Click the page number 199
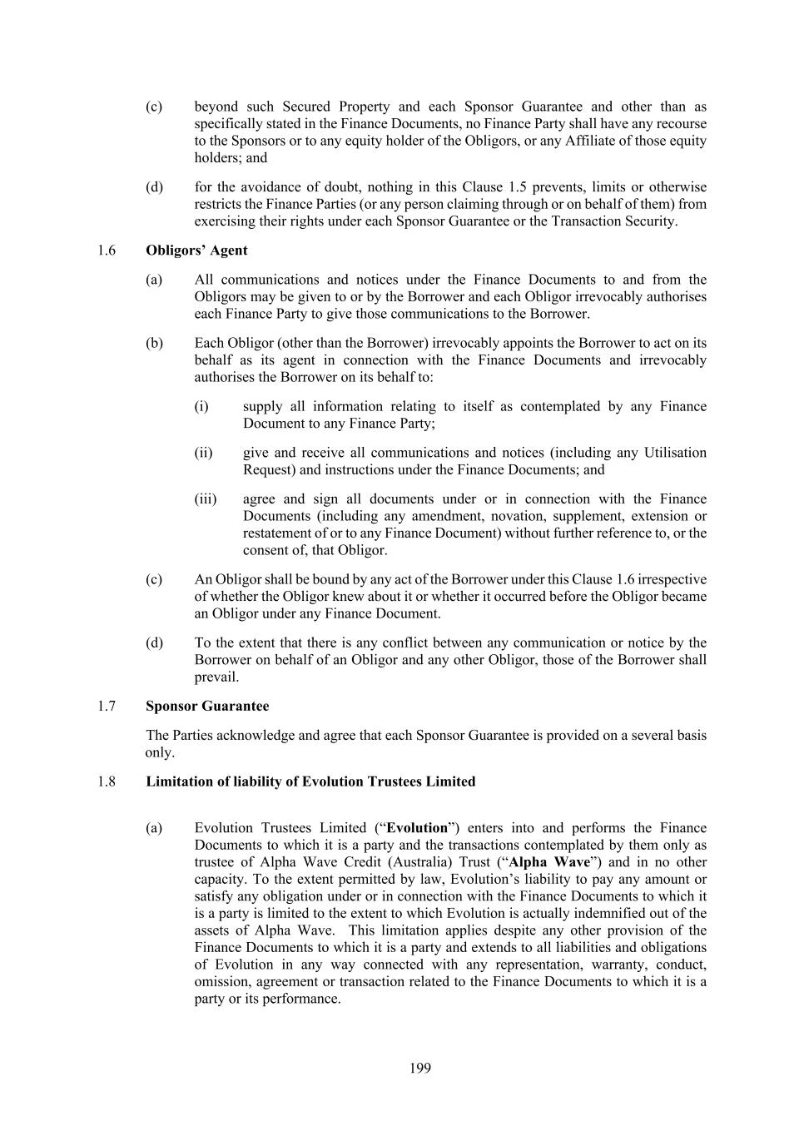[420, 1069]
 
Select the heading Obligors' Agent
[196, 251]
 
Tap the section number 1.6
[106, 251]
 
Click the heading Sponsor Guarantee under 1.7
[207, 707]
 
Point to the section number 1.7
[106, 707]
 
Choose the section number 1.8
[106, 782]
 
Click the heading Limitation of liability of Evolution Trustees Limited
[310, 782]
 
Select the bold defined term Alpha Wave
[548, 863]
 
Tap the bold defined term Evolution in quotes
[417, 829]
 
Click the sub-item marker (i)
[201, 407]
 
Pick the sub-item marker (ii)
[203, 454]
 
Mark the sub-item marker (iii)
[205, 499]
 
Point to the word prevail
[216, 677]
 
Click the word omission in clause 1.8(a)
[223, 982]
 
